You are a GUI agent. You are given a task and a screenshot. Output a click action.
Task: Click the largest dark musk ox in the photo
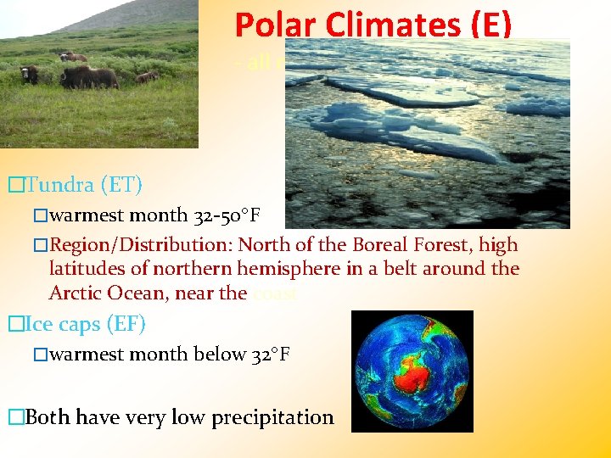[88, 78]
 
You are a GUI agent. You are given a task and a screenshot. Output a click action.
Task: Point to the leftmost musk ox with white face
[30, 75]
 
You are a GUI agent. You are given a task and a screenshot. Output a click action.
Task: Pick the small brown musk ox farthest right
[147, 77]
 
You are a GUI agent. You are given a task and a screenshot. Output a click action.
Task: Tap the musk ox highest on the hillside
[74, 58]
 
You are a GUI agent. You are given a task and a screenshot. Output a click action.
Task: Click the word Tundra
[58, 183]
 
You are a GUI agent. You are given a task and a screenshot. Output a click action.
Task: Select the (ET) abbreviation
[120, 183]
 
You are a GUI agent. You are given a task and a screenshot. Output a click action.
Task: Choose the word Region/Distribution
[141, 245]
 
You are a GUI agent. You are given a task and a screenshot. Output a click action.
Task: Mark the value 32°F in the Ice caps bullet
[270, 354]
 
